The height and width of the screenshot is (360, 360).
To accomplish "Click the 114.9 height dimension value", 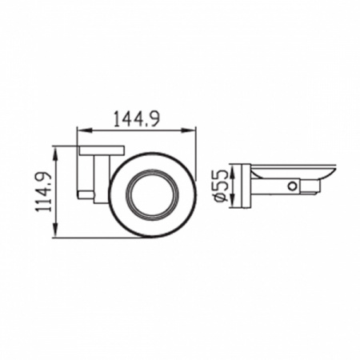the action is click(44, 192).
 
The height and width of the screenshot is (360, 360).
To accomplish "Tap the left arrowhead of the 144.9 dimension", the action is click(84, 130).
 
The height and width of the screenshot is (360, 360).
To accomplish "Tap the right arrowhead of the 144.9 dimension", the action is click(189, 130).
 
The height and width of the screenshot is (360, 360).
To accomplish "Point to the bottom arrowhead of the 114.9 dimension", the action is click(55, 230).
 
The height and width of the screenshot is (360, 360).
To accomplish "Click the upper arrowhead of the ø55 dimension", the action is click(233, 170).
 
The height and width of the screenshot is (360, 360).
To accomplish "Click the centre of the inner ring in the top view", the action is click(153, 195).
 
